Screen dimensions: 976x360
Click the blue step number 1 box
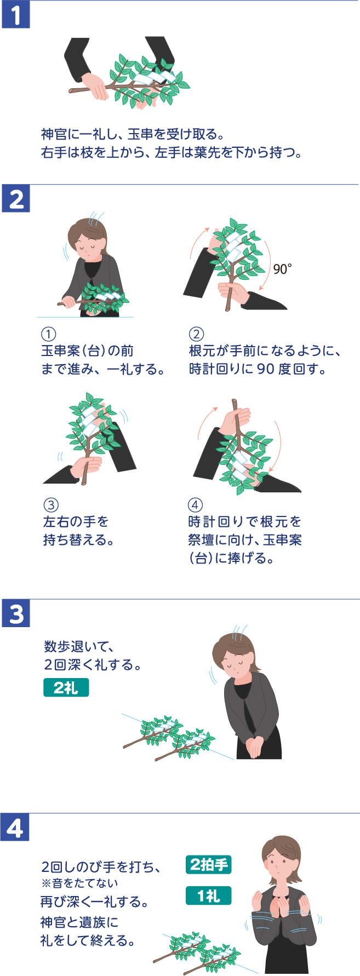point(16,15)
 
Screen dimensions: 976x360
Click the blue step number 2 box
point(16,199)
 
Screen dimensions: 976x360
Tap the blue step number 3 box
point(16,613)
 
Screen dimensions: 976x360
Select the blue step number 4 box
point(15,828)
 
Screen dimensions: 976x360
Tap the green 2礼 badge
point(66,688)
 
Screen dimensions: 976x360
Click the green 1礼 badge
point(208,895)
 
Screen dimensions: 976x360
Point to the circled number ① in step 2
point(49,334)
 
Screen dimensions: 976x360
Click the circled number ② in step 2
point(196,334)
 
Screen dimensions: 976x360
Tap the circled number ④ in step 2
point(195,505)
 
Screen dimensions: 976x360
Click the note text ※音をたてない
point(79,883)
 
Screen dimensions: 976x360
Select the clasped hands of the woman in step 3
point(253,746)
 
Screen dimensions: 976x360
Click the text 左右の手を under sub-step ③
point(76,521)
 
